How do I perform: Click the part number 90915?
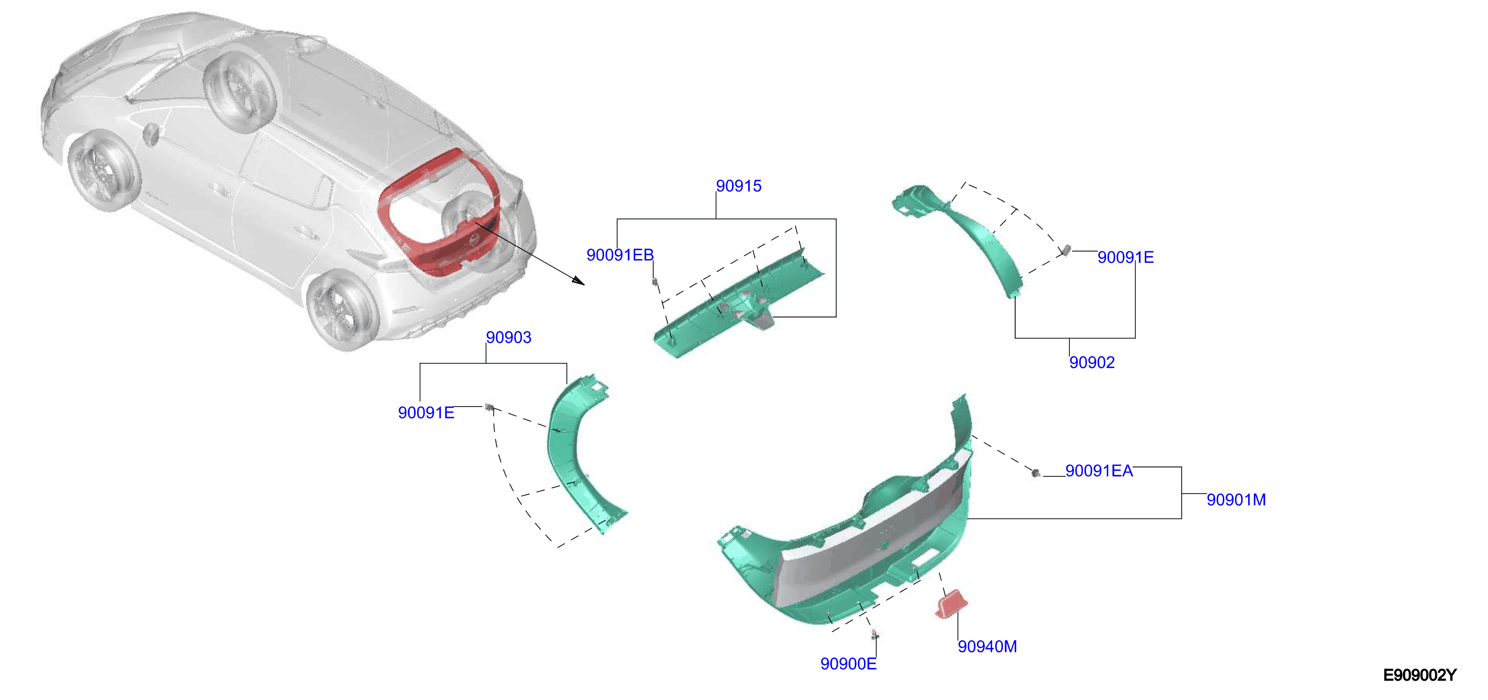tap(738, 186)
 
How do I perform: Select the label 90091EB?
tap(620, 255)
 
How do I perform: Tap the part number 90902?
tap(1092, 362)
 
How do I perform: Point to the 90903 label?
tap(508, 337)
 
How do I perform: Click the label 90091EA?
tap(1099, 471)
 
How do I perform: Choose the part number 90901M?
tap(1236, 500)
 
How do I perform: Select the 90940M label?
tap(987, 646)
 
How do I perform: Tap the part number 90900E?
tap(848, 664)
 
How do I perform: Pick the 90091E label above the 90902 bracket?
tap(1125, 257)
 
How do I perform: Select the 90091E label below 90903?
tap(426, 412)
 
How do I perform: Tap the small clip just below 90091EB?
tap(655, 281)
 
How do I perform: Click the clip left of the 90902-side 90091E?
tap(1066, 250)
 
